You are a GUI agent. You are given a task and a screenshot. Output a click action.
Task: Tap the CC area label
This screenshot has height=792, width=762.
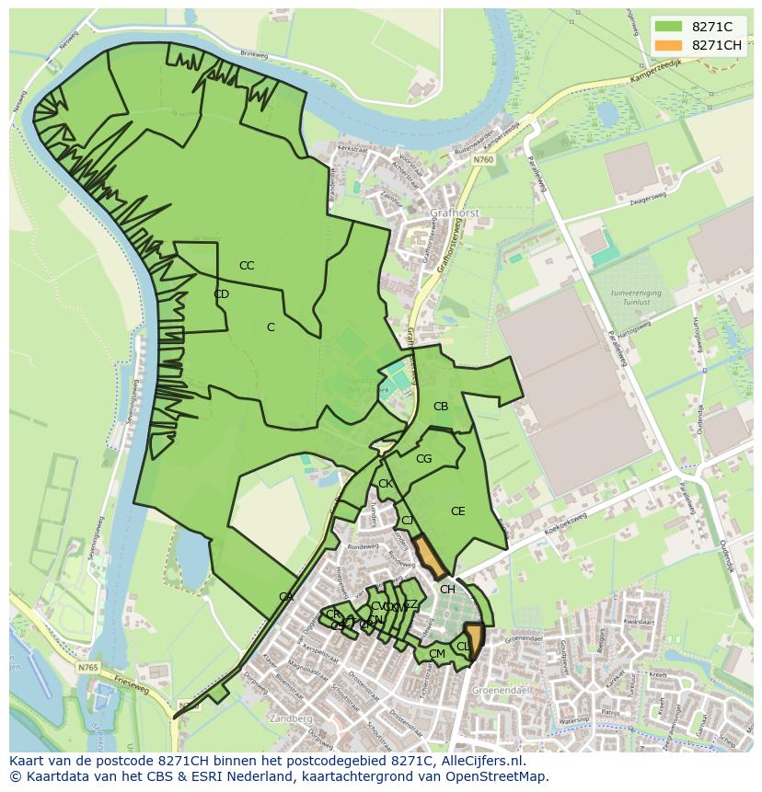coord(247,266)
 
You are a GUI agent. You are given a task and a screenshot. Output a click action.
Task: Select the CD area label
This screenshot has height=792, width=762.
coord(221,294)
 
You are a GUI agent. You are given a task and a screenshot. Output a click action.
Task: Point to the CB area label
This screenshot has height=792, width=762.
coord(441,407)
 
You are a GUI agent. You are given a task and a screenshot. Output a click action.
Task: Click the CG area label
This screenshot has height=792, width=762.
coord(423,459)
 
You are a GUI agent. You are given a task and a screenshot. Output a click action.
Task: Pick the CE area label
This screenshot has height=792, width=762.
coord(457,511)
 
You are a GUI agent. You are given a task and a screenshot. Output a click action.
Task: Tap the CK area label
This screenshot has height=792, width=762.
coord(386,484)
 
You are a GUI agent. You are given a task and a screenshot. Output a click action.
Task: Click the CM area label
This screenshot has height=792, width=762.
coord(437,654)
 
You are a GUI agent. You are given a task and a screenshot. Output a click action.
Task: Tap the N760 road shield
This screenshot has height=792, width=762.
coord(485,160)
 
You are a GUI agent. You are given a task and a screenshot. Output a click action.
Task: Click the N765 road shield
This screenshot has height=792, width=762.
coord(88,668)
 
